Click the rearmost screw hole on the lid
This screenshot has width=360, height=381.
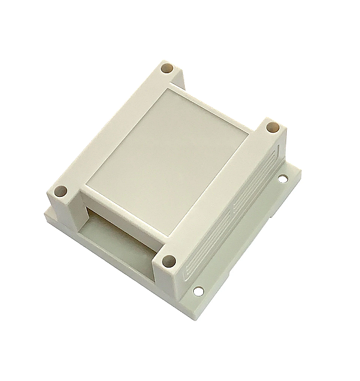pos(167,68)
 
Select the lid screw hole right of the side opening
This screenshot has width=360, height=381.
pos(169,261)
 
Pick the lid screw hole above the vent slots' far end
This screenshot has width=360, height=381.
pos(272,127)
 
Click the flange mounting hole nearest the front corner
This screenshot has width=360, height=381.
pos(198,291)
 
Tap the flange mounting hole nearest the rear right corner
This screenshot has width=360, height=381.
pos(283,178)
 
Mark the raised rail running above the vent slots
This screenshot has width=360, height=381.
pos(222,192)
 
